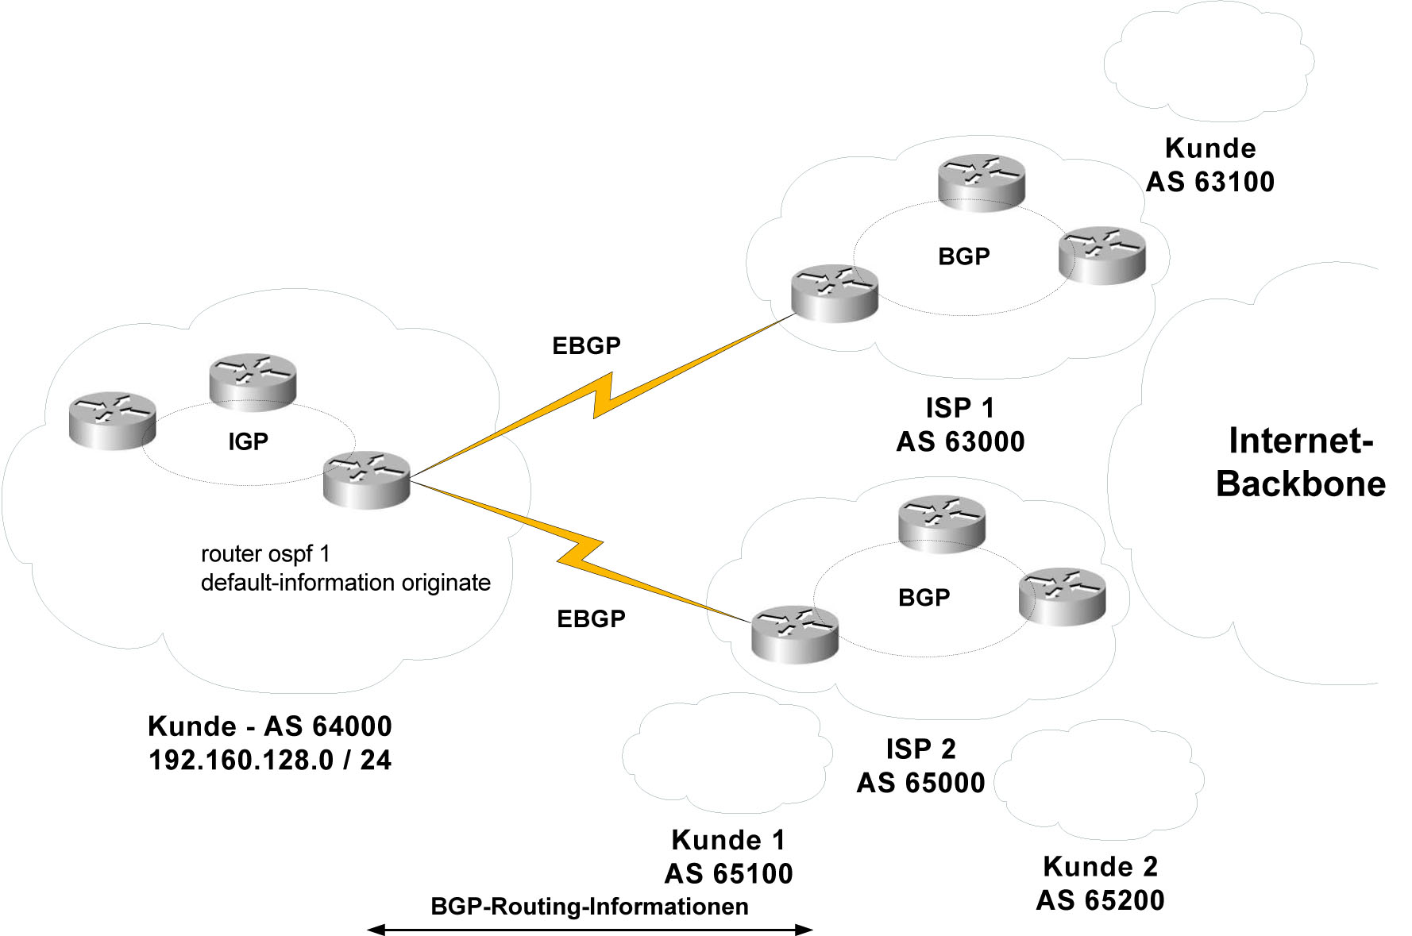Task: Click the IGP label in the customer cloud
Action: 248,441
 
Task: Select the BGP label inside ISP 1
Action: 963,256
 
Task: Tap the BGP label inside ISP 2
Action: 924,597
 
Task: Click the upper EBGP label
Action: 586,345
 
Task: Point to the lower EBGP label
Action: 591,618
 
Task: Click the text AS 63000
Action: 960,441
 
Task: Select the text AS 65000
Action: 920,783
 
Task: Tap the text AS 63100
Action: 1209,182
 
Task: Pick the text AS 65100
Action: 728,873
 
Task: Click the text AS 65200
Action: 1100,899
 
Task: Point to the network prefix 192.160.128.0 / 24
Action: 270,760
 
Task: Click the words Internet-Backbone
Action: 1301,462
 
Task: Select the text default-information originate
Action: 345,583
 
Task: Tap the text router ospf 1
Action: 265,553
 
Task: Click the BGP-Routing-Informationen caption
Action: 589,907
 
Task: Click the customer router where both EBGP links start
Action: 367,479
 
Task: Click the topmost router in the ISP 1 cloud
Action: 982,182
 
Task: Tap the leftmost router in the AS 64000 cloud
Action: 112,420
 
